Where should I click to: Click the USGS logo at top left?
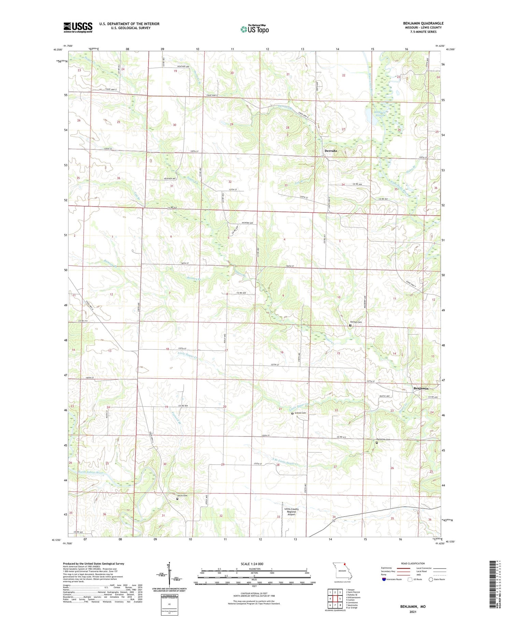pos(78,27)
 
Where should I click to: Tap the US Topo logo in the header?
pos(255,29)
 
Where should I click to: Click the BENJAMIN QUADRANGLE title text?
pos(423,23)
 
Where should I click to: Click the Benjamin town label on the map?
pos(421,388)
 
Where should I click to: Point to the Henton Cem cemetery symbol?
pos(350,325)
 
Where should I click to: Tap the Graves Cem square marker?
pos(292,413)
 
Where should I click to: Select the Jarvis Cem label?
pos(182,495)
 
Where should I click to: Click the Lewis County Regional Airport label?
pos(291,511)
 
